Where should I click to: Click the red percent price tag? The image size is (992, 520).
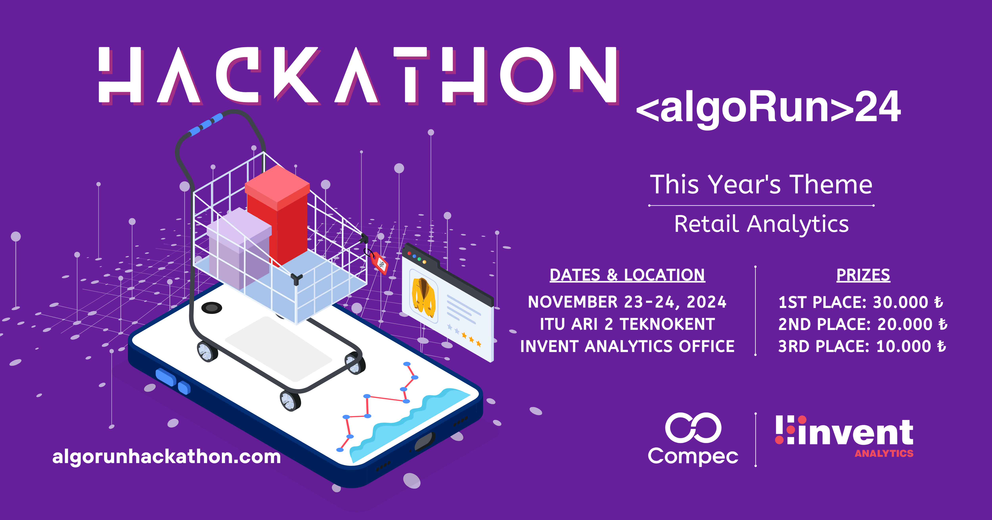(x=381, y=264)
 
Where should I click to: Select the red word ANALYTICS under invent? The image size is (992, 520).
(x=884, y=454)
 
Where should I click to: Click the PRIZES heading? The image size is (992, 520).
(x=863, y=275)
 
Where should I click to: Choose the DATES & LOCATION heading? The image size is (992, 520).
(x=627, y=275)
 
